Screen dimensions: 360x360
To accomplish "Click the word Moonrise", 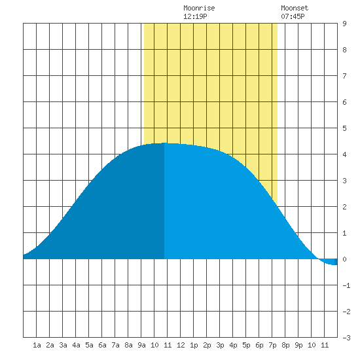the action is tap(199, 8).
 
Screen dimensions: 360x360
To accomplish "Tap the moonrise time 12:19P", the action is tap(195, 16).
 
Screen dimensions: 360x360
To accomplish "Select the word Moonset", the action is tap(295, 8).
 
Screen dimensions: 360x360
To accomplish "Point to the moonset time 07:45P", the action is tap(293, 16).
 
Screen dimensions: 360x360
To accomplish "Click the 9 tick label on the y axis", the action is tap(344, 24).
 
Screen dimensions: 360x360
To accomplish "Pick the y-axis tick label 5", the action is tap(344, 128).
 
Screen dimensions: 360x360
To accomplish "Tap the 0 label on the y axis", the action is tap(344, 259).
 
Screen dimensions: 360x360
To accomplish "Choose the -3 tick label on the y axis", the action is tap(346, 338).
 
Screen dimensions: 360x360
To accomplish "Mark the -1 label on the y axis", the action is tap(346, 285).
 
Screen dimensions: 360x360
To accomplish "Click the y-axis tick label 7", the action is tap(344, 76).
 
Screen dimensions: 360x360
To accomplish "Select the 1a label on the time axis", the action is tap(37, 345).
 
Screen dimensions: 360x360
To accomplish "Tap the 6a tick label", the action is tap(102, 345).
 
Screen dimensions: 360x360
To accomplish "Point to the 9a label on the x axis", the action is tap(141, 345).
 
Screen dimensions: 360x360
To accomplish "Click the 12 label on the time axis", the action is tap(181, 345).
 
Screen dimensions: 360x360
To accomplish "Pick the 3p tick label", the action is tap(220, 345).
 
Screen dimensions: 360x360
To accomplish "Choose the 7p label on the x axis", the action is tap(272, 345).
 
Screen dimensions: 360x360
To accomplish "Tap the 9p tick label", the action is tap(298, 345).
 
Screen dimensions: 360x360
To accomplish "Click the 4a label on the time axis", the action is tap(76, 345).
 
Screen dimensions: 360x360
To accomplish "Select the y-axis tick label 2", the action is tap(344, 207).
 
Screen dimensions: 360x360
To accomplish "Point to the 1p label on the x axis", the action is tap(194, 345).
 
